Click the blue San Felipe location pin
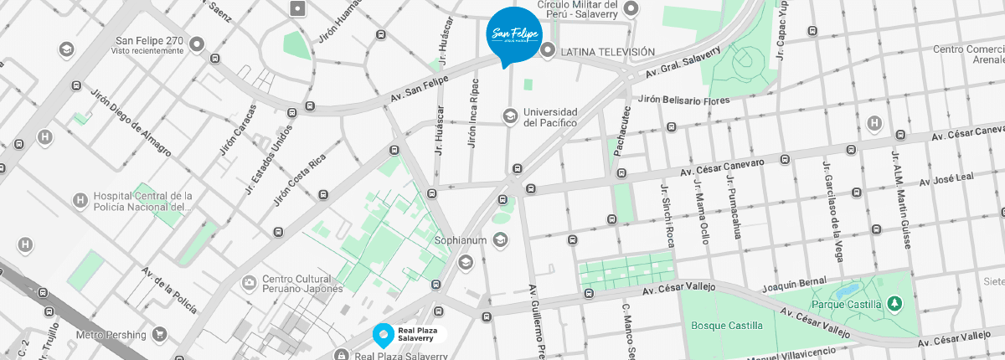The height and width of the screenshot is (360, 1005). (513, 34)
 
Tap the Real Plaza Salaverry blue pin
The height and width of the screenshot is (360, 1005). (382, 336)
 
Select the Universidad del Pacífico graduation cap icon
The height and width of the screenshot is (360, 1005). (509, 116)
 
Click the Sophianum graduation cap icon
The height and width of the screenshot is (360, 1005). (500, 241)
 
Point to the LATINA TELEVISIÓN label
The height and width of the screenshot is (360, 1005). (607, 52)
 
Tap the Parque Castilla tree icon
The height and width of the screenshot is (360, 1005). (895, 302)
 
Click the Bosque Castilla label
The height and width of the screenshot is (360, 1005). (727, 325)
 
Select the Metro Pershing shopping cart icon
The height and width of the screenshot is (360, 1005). (160, 335)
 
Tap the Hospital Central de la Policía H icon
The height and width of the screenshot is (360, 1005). (80, 200)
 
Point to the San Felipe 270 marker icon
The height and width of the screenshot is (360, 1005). (197, 44)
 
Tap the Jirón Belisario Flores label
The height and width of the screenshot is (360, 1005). (683, 100)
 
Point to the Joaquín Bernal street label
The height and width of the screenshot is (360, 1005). (794, 285)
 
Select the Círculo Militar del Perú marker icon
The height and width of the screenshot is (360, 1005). (633, 10)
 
